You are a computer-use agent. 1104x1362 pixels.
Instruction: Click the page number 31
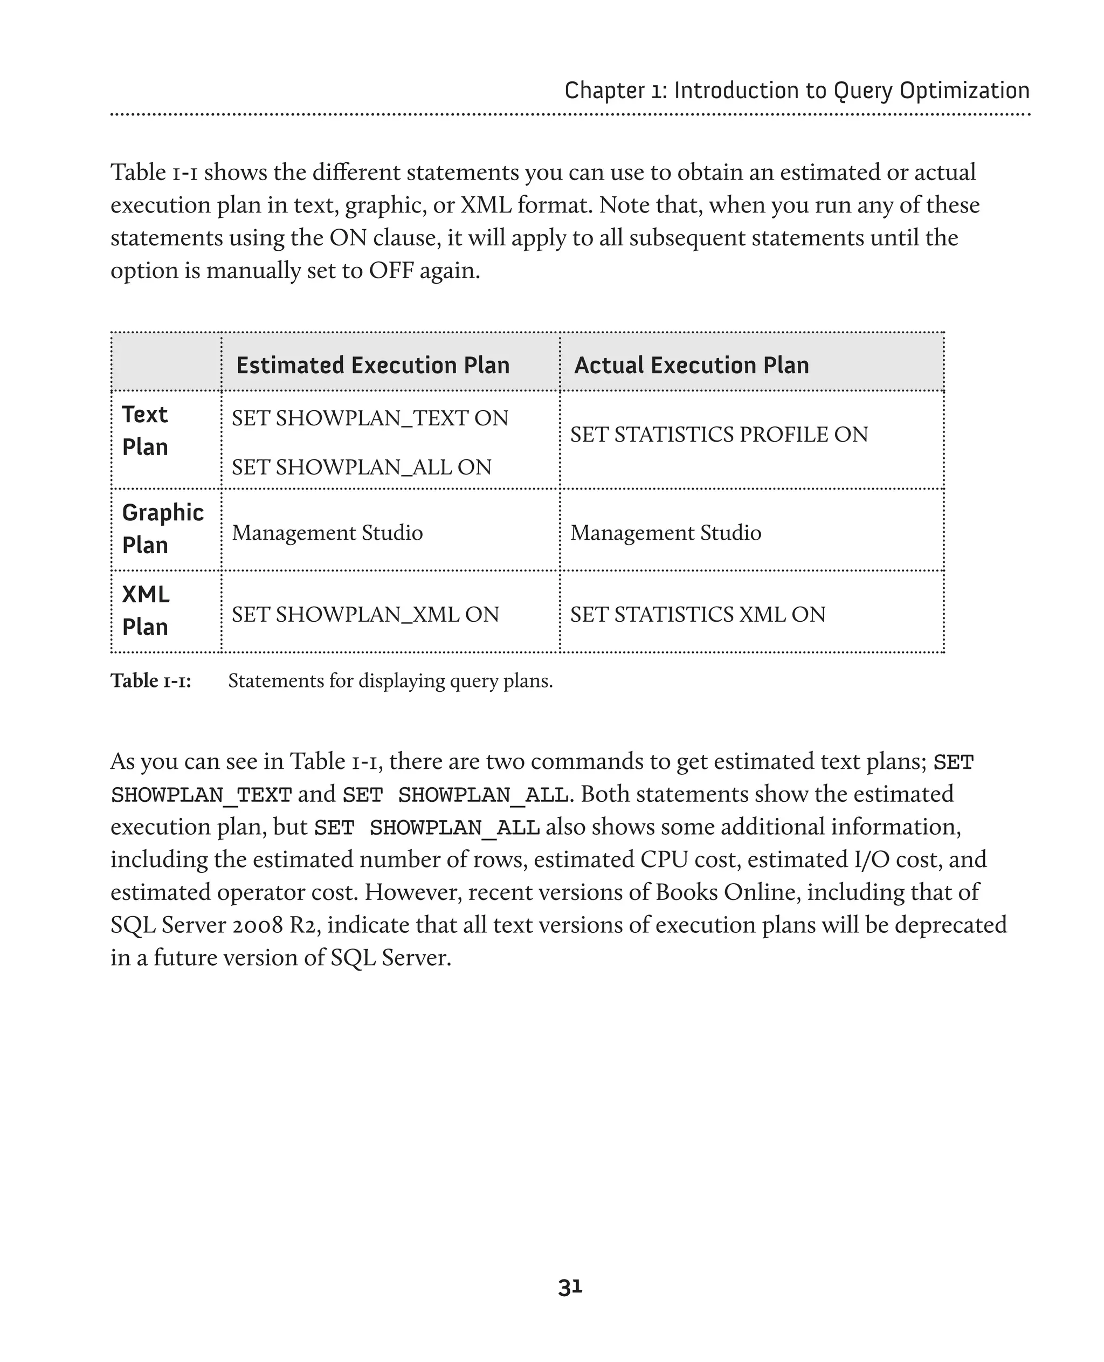[x=570, y=1287]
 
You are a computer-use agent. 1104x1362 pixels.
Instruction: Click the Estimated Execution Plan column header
[x=372, y=365]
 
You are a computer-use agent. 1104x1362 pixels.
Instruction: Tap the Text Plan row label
[x=145, y=431]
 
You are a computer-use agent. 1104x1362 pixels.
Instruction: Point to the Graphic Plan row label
[x=163, y=528]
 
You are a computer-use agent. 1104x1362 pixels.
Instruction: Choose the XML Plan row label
[x=146, y=611]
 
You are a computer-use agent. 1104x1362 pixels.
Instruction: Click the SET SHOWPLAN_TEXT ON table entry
[x=369, y=418]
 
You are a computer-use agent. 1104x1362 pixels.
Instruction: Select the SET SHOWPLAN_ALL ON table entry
[x=361, y=467]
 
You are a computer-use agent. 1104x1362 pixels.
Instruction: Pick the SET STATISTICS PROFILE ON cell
[x=719, y=435]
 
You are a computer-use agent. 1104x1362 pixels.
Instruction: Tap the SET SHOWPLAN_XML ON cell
[x=365, y=615]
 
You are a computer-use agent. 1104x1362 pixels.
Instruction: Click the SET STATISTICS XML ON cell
[x=698, y=615]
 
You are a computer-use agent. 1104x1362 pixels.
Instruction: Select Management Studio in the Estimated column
[x=327, y=533]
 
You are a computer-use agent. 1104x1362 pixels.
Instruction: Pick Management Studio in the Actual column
[x=665, y=533]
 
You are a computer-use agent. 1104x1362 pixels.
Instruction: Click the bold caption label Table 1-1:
[x=151, y=680]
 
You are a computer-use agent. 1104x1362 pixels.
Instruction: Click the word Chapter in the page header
[x=604, y=91]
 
